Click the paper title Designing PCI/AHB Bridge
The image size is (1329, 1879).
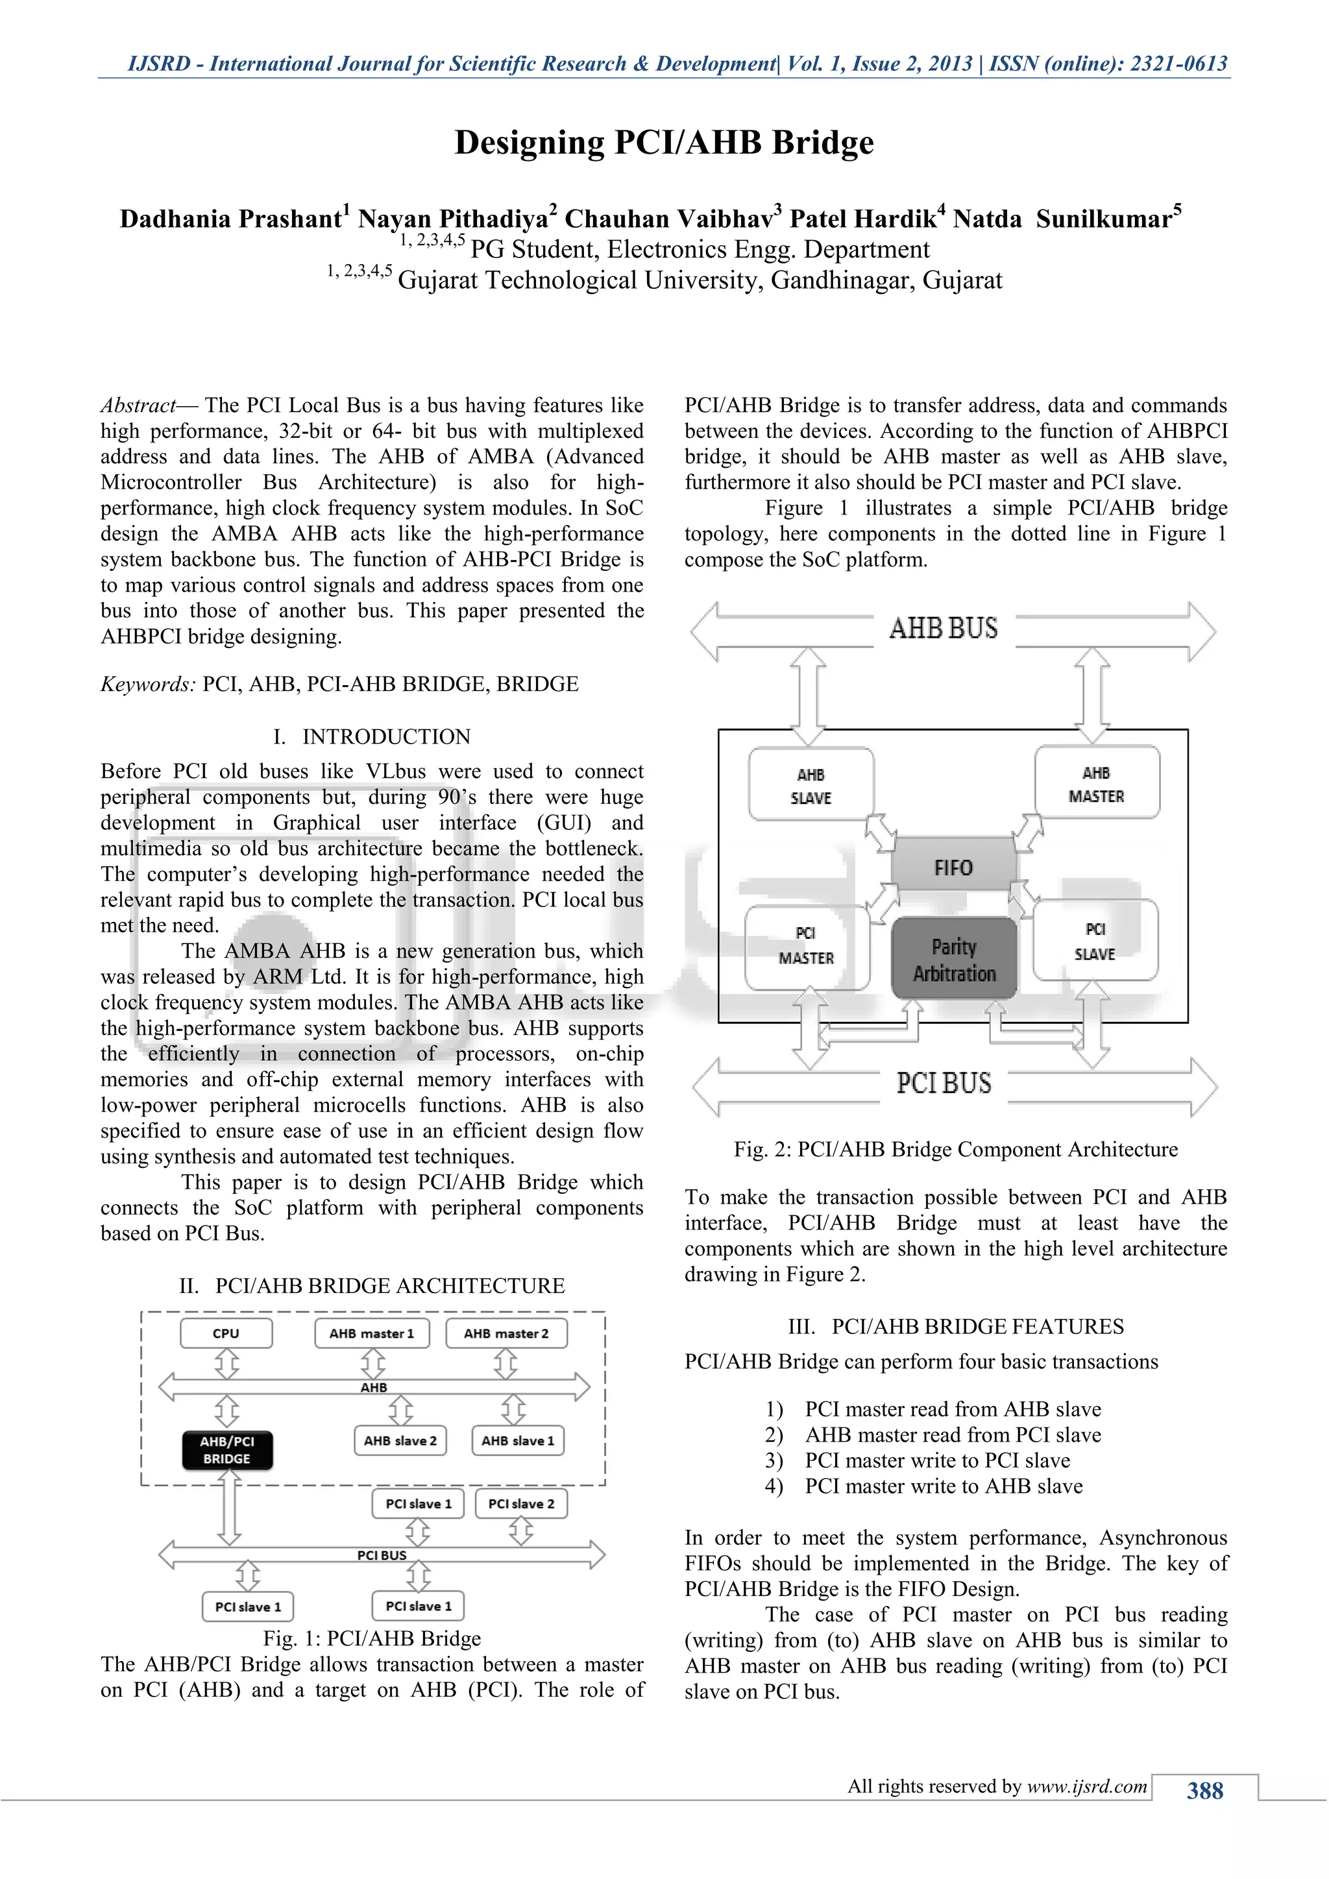pyautogui.click(x=664, y=142)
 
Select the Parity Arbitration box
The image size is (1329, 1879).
pyautogui.click(x=954, y=959)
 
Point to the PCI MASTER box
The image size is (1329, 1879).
pyautogui.click(x=807, y=946)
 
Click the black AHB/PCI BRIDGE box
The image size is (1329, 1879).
pyautogui.click(x=228, y=1449)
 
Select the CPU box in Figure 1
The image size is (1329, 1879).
pyautogui.click(x=226, y=1333)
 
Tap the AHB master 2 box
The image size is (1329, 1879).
pyautogui.click(x=506, y=1333)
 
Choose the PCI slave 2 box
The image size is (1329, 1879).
pyautogui.click(x=521, y=1503)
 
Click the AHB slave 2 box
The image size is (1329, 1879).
pyautogui.click(x=400, y=1440)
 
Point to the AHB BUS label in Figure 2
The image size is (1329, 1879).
pyautogui.click(x=944, y=629)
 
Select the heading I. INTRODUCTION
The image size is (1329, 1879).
pyautogui.click(x=372, y=736)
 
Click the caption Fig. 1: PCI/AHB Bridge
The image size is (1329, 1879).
pyautogui.click(x=372, y=1638)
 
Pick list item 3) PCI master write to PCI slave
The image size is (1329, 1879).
pyautogui.click(x=918, y=1461)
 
